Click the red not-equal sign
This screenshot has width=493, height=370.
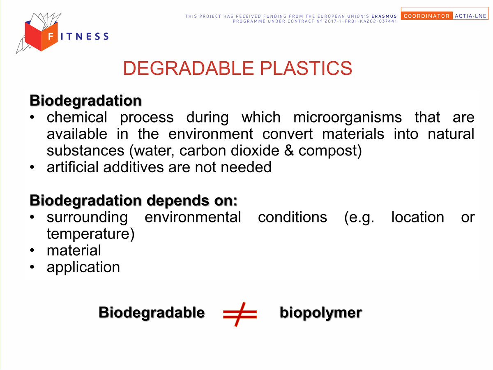(240, 314)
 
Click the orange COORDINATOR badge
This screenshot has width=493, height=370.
(426, 16)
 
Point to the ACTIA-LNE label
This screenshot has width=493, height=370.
(470, 16)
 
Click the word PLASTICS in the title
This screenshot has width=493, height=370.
(306, 68)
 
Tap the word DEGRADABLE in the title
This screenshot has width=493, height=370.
(189, 68)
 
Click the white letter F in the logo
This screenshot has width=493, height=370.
(51, 36)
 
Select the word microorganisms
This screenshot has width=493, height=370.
(348, 117)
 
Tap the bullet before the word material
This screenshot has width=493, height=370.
(32, 250)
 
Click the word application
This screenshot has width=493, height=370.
(83, 268)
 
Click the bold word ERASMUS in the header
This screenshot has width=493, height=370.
(384, 16)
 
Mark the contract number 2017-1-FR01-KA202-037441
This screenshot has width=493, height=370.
(361, 21)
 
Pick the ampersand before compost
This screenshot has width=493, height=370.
(289, 150)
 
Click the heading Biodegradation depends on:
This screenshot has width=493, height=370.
(134, 200)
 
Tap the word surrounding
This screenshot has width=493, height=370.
(87, 217)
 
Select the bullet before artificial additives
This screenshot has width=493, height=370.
(32, 167)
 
